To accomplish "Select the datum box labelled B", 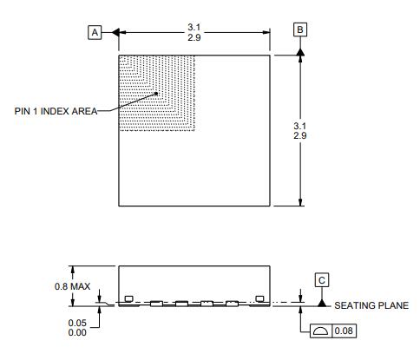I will tap(300, 29).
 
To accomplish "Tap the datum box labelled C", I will tap(321, 280).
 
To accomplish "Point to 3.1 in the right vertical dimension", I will tap(300, 125).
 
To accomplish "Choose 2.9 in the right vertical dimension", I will tap(300, 136).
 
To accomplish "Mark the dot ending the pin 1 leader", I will tap(156, 94).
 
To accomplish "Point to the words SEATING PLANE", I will tap(371, 305).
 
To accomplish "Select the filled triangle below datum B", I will tap(300, 52).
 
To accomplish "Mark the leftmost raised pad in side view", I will tap(128, 299).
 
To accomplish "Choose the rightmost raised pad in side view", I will tap(259, 299).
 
